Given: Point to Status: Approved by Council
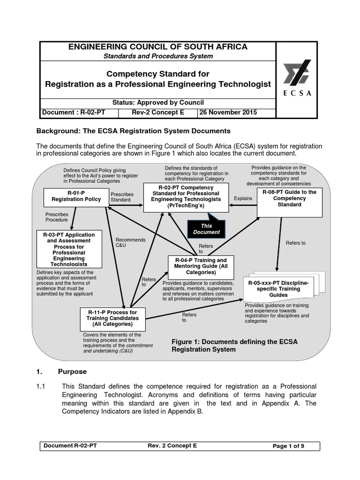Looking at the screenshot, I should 158,103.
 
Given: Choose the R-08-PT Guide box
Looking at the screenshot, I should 289,198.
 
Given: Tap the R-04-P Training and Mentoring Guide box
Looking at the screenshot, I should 201,266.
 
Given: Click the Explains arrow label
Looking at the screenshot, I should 243,198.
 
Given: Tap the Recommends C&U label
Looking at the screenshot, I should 124,242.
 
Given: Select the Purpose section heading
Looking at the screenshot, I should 72,371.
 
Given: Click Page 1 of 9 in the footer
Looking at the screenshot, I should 288,446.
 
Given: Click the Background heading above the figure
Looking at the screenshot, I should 134,130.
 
